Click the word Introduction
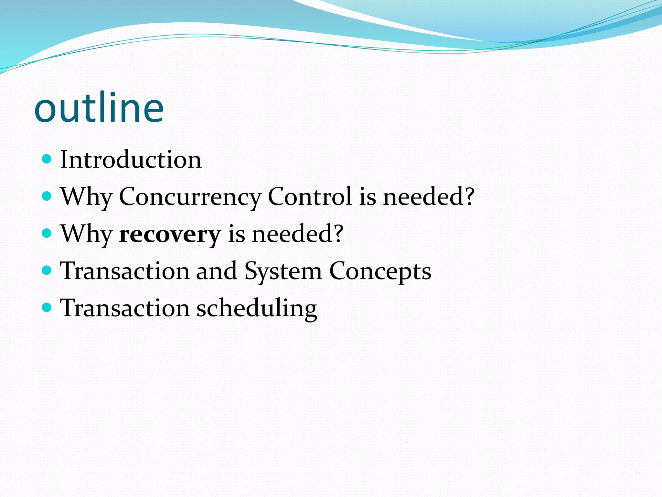click(x=131, y=160)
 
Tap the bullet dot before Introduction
click(x=47, y=159)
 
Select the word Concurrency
click(x=190, y=197)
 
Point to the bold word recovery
click(x=170, y=234)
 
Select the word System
click(x=283, y=271)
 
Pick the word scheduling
click(x=257, y=308)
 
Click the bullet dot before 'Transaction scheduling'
click(x=47, y=307)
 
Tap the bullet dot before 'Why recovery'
click(x=47, y=233)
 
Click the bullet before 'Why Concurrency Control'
click(x=47, y=196)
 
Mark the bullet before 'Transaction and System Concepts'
click(x=47, y=270)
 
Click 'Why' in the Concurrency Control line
click(x=86, y=197)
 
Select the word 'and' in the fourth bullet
click(x=216, y=271)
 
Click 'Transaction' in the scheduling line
click(x=125, y=308)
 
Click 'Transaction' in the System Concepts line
click(x=125, y=271)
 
